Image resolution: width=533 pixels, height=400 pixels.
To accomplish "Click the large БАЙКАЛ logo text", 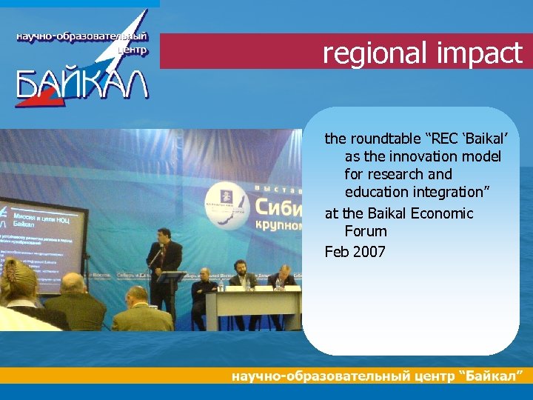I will click(81, 84).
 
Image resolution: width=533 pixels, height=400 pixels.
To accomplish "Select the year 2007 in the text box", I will click(369, 252).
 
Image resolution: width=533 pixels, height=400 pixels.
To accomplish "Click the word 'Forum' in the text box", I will click(366, 232).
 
